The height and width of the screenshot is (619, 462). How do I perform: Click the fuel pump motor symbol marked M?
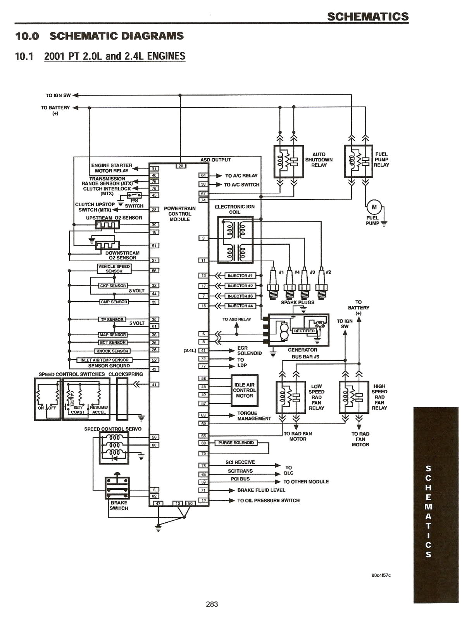[374, 207]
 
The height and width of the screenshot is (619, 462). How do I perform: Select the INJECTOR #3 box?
[240, 296]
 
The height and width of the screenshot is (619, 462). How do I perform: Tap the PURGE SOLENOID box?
[236, 443]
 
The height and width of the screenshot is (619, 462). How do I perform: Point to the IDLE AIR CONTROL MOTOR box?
[245, 390]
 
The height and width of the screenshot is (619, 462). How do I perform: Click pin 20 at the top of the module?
[181, 166]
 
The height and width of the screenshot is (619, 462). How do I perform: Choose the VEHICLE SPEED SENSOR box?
[114, 269]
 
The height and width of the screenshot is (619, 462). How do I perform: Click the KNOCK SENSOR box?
[112, 351]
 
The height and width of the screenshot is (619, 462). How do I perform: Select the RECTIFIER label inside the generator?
[304, 331]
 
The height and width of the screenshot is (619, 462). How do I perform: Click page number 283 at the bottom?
[212, 604]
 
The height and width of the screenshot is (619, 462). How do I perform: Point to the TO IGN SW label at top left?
[58, 95]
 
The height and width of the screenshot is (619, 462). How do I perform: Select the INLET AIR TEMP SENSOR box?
[104, 360]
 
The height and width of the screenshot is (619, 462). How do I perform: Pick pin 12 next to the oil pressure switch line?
[204, 501]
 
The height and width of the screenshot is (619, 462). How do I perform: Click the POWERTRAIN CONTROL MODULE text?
[179, 214]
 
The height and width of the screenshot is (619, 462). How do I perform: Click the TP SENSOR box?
[112, 319]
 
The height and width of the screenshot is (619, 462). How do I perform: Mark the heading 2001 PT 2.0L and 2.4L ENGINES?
[115, 56]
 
